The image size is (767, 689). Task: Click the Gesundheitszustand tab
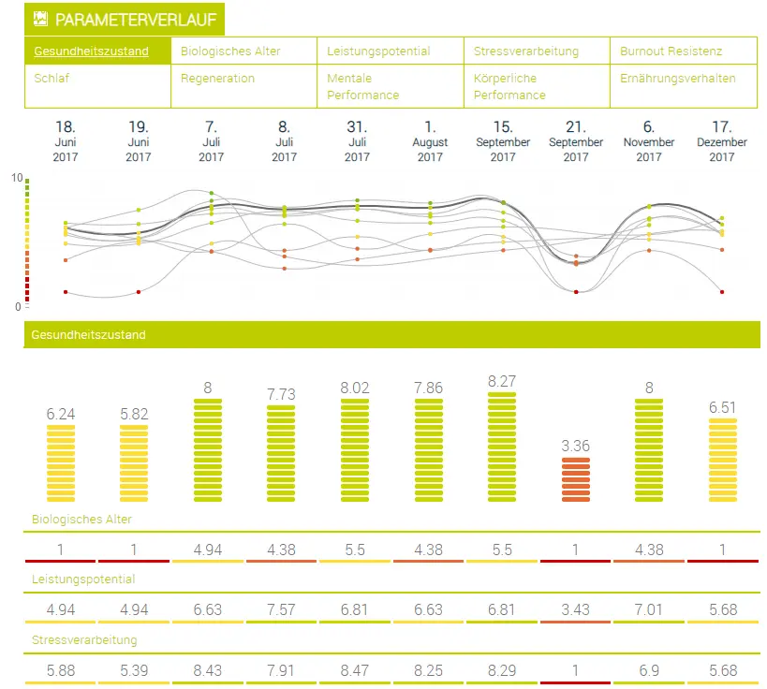coord(91,51)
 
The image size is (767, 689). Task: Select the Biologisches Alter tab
coord(230,51)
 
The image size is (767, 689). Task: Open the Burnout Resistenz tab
coord(671,51)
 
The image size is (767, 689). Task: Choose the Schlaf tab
coord(52,79)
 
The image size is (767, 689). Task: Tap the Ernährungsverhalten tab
coord(677,79)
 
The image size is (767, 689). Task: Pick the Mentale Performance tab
coord(362,86)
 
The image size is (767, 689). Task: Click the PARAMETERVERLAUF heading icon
coord(40,19)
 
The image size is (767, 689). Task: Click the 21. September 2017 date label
coord(576,141)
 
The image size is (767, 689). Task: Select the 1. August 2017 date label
coord(430,141)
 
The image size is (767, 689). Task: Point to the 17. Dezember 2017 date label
coord(722,141)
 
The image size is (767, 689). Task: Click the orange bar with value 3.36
coord(576,479)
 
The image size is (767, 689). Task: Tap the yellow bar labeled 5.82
coord(138,463)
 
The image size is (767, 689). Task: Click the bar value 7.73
coord(284,395)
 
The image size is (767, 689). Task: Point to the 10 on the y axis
coord(16,177)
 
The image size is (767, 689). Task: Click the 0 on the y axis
coord(16,306)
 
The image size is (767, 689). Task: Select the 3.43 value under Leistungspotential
coord(576,610)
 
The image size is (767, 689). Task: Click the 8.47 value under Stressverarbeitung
coord(357,670)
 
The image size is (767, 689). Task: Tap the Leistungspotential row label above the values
coord(82,579)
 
